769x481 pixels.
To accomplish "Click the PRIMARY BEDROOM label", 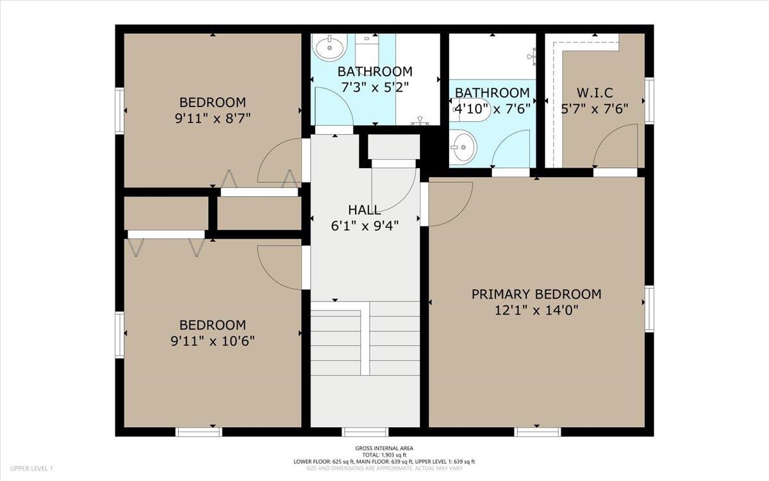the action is point(536,294).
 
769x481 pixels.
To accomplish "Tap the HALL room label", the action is point(364,210).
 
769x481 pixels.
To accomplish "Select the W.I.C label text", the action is point(595,93).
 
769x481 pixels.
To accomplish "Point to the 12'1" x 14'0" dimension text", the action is point(536,310).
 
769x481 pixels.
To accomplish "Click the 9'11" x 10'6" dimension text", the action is point(213,341).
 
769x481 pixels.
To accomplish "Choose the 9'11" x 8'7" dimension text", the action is point(213,119).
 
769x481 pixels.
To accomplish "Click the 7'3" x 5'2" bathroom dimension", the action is point(375,88).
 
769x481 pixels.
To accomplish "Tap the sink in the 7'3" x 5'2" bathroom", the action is point(330,47).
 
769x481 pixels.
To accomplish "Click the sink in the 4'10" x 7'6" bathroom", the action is point(463,148).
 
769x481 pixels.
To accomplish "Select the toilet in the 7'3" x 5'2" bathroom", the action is point(367,50).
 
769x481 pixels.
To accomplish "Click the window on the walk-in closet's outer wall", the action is point(649,100).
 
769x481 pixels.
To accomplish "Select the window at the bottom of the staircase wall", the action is point(365,432).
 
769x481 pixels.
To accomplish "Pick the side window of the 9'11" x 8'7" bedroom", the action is point(119,110).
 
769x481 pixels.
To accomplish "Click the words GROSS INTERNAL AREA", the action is point(384,448).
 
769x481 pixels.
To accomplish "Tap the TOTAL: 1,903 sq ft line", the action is point(384,455).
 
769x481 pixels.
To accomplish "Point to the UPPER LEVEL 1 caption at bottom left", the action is point(31,468).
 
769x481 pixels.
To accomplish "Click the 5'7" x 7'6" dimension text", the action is point(595,109).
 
